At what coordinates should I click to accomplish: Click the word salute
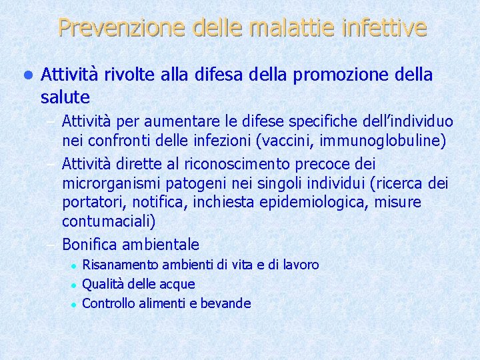point(65,97)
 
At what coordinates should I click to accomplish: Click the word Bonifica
point(90,244)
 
